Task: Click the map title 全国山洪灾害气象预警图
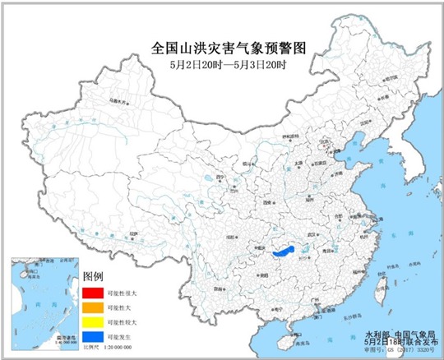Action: (222, 48)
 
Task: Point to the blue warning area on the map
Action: (286, 251)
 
